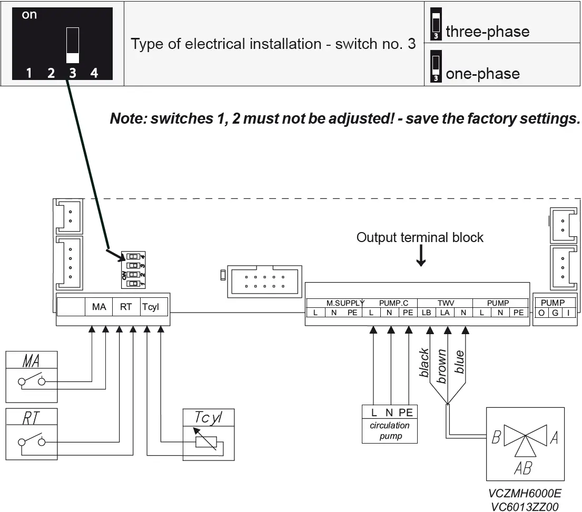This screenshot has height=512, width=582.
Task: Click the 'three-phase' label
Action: pos(487,32)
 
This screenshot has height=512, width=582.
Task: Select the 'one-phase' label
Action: pos(482,74)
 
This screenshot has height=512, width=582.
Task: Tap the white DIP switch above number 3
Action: pos(73,45)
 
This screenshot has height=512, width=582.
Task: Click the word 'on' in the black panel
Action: pos(29,15)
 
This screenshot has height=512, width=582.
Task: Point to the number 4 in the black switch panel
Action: pos(94,73)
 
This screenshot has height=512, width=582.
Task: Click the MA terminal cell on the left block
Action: pos(99,307)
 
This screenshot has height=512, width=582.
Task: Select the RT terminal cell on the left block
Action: pos(126,307)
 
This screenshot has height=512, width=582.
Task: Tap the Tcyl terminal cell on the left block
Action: pos(150,307)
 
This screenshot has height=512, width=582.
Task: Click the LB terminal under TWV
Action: pos(426,313)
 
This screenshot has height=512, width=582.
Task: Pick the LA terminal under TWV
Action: pos(445,313)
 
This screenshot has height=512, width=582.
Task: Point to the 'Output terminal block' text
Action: pos(420,237)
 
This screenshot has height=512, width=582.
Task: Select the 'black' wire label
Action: pos(425,363)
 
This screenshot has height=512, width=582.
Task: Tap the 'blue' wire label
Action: pos(460,362)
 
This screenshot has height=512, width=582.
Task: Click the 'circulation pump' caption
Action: pos(390,430)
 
